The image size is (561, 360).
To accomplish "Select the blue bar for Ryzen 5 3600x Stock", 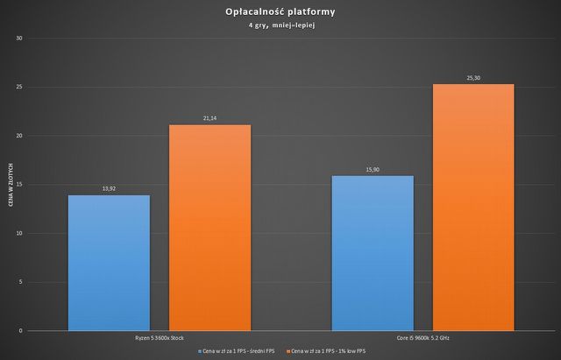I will coord(109,263).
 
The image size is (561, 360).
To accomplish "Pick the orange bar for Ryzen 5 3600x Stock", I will coord(209,228).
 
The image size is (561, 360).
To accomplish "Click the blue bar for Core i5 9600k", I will coord(373,253).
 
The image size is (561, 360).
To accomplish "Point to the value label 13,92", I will coord(109,188).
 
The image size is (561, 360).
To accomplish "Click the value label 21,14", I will coord(209,118).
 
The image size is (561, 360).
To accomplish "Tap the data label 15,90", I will coord(373,169).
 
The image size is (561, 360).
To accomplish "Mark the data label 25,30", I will coord(473,78).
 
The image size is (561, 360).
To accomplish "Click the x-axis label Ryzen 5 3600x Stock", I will coord(159,337).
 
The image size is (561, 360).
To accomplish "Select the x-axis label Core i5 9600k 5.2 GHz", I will coord(423,337).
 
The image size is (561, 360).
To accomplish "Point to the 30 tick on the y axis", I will coord(19,39).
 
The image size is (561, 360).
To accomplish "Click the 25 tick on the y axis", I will coord(19,88).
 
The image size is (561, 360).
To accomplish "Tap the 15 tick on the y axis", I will coord(19,185).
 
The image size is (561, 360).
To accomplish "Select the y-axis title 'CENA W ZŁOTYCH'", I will coord(8,184).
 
